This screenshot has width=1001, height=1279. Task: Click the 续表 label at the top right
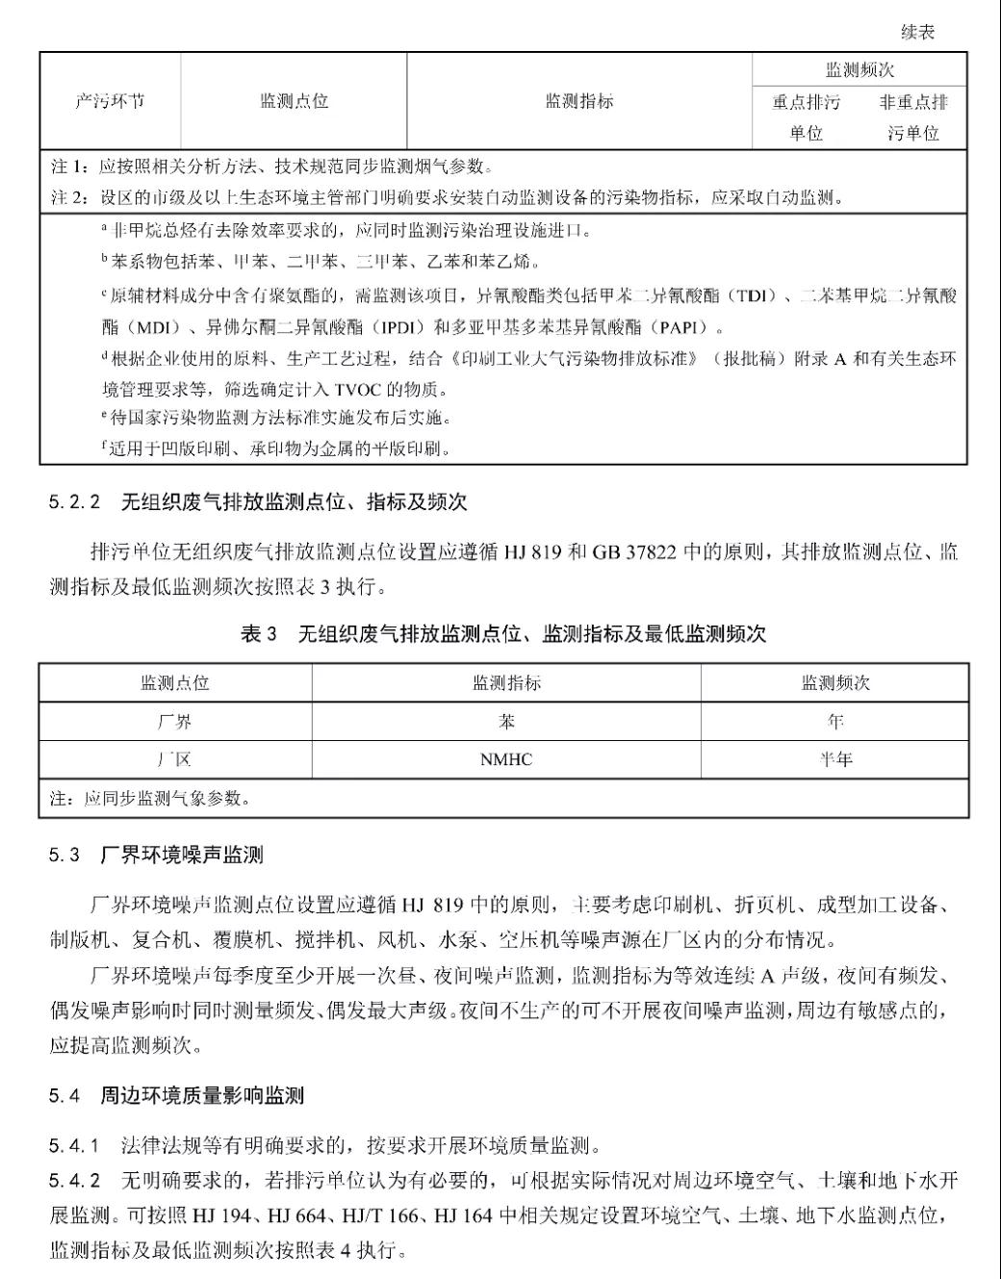coord(917,33)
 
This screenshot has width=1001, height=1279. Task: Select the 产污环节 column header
coord(110,101)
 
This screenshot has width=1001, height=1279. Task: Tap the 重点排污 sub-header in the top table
coord(806,102)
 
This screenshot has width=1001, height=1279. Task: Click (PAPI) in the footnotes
coord(683,327)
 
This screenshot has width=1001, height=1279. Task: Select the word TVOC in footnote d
coord(358,390)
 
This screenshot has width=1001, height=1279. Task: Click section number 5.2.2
coord(74,502)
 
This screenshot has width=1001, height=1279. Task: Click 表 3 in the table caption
coord(257,633)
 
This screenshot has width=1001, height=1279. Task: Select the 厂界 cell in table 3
coord(174,722)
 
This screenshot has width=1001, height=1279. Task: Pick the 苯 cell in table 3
coord(506,722)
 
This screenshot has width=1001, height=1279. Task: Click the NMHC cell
coord(506,760)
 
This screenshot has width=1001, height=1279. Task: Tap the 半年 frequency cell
coord(834,760)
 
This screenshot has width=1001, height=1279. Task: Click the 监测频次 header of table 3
coord(834,683)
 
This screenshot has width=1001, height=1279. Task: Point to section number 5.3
coord(64,856)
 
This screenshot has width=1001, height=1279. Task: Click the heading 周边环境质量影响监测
coord(202,1095)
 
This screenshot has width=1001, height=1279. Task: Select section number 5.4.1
coord(74,1145)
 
